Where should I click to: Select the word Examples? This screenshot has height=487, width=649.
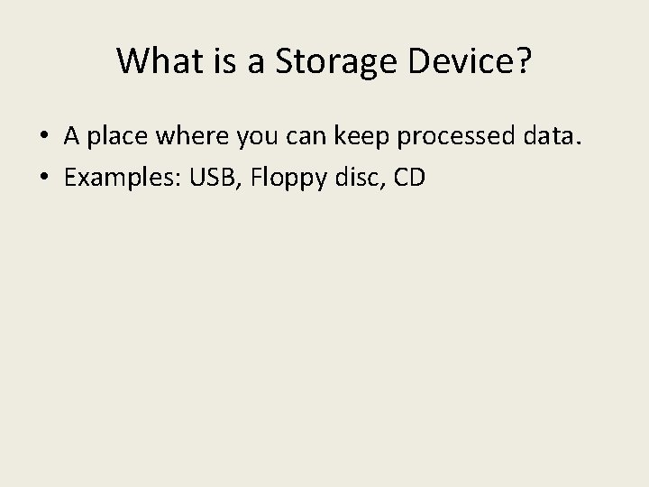121,178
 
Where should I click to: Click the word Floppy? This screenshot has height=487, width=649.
278,179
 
